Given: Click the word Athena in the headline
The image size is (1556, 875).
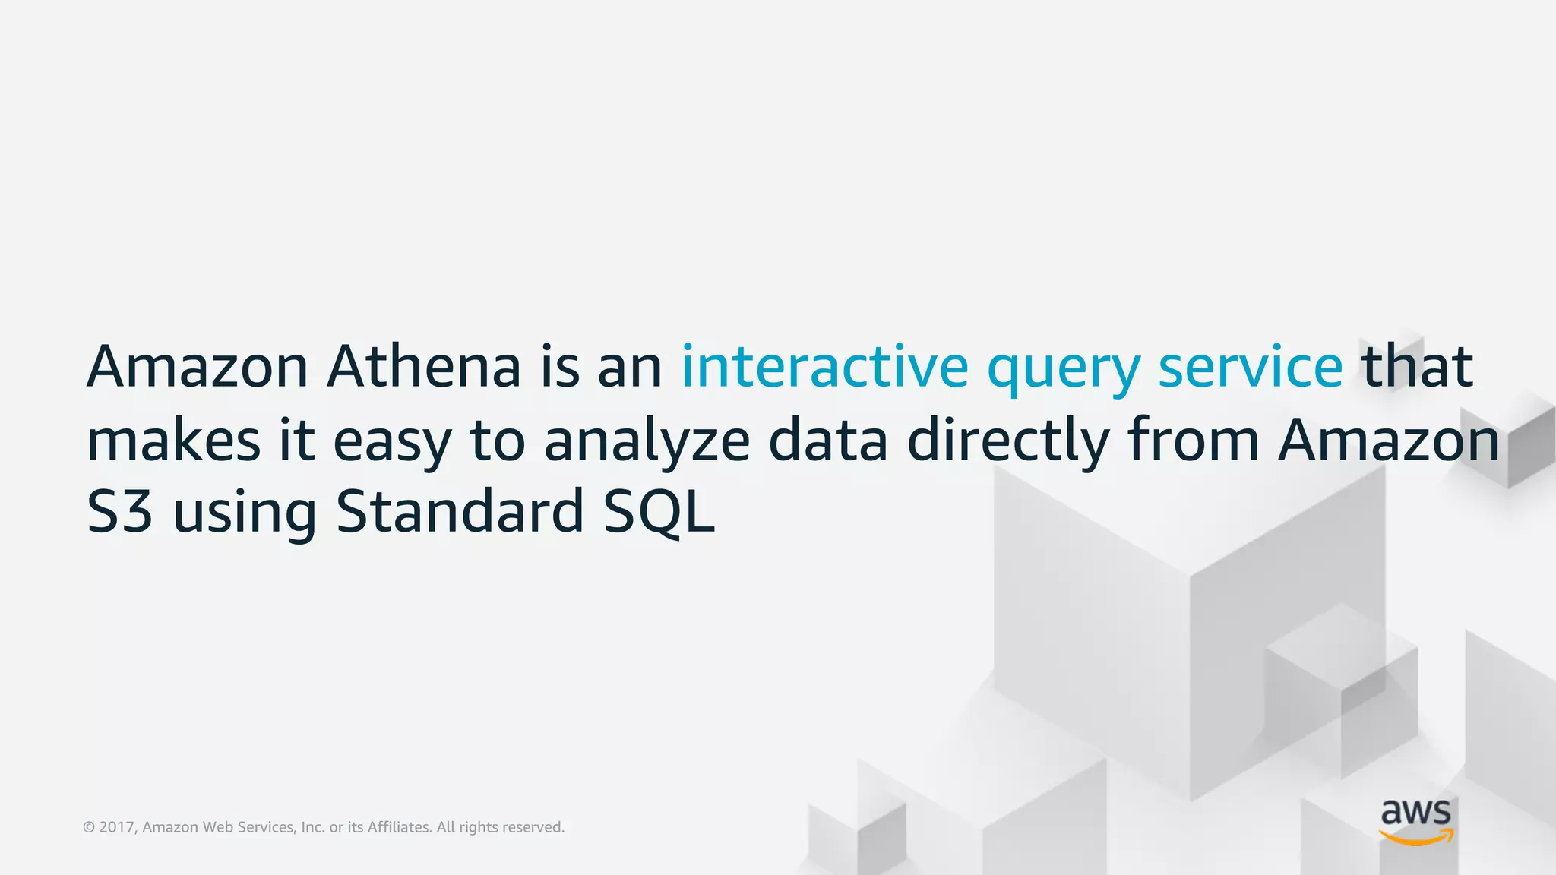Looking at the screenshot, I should point(423,367).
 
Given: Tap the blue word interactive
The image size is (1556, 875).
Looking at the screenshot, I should point(824,367).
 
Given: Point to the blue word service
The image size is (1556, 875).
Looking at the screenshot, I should point(1250,367).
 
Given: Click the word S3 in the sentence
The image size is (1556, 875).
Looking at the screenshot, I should point(119,512).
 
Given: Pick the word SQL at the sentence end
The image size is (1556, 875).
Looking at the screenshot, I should point(659,512).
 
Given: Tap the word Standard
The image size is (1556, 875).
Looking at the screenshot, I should point(459,512).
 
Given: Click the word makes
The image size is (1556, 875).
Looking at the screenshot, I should point(173,441).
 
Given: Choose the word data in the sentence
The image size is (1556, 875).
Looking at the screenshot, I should point(827,441).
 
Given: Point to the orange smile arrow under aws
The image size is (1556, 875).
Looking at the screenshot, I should point(1416,837).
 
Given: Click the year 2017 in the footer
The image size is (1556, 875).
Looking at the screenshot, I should point(117,827).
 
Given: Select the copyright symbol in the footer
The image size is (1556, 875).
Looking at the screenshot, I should point(89,827).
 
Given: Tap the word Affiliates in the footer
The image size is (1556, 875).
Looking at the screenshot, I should point(399,827).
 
